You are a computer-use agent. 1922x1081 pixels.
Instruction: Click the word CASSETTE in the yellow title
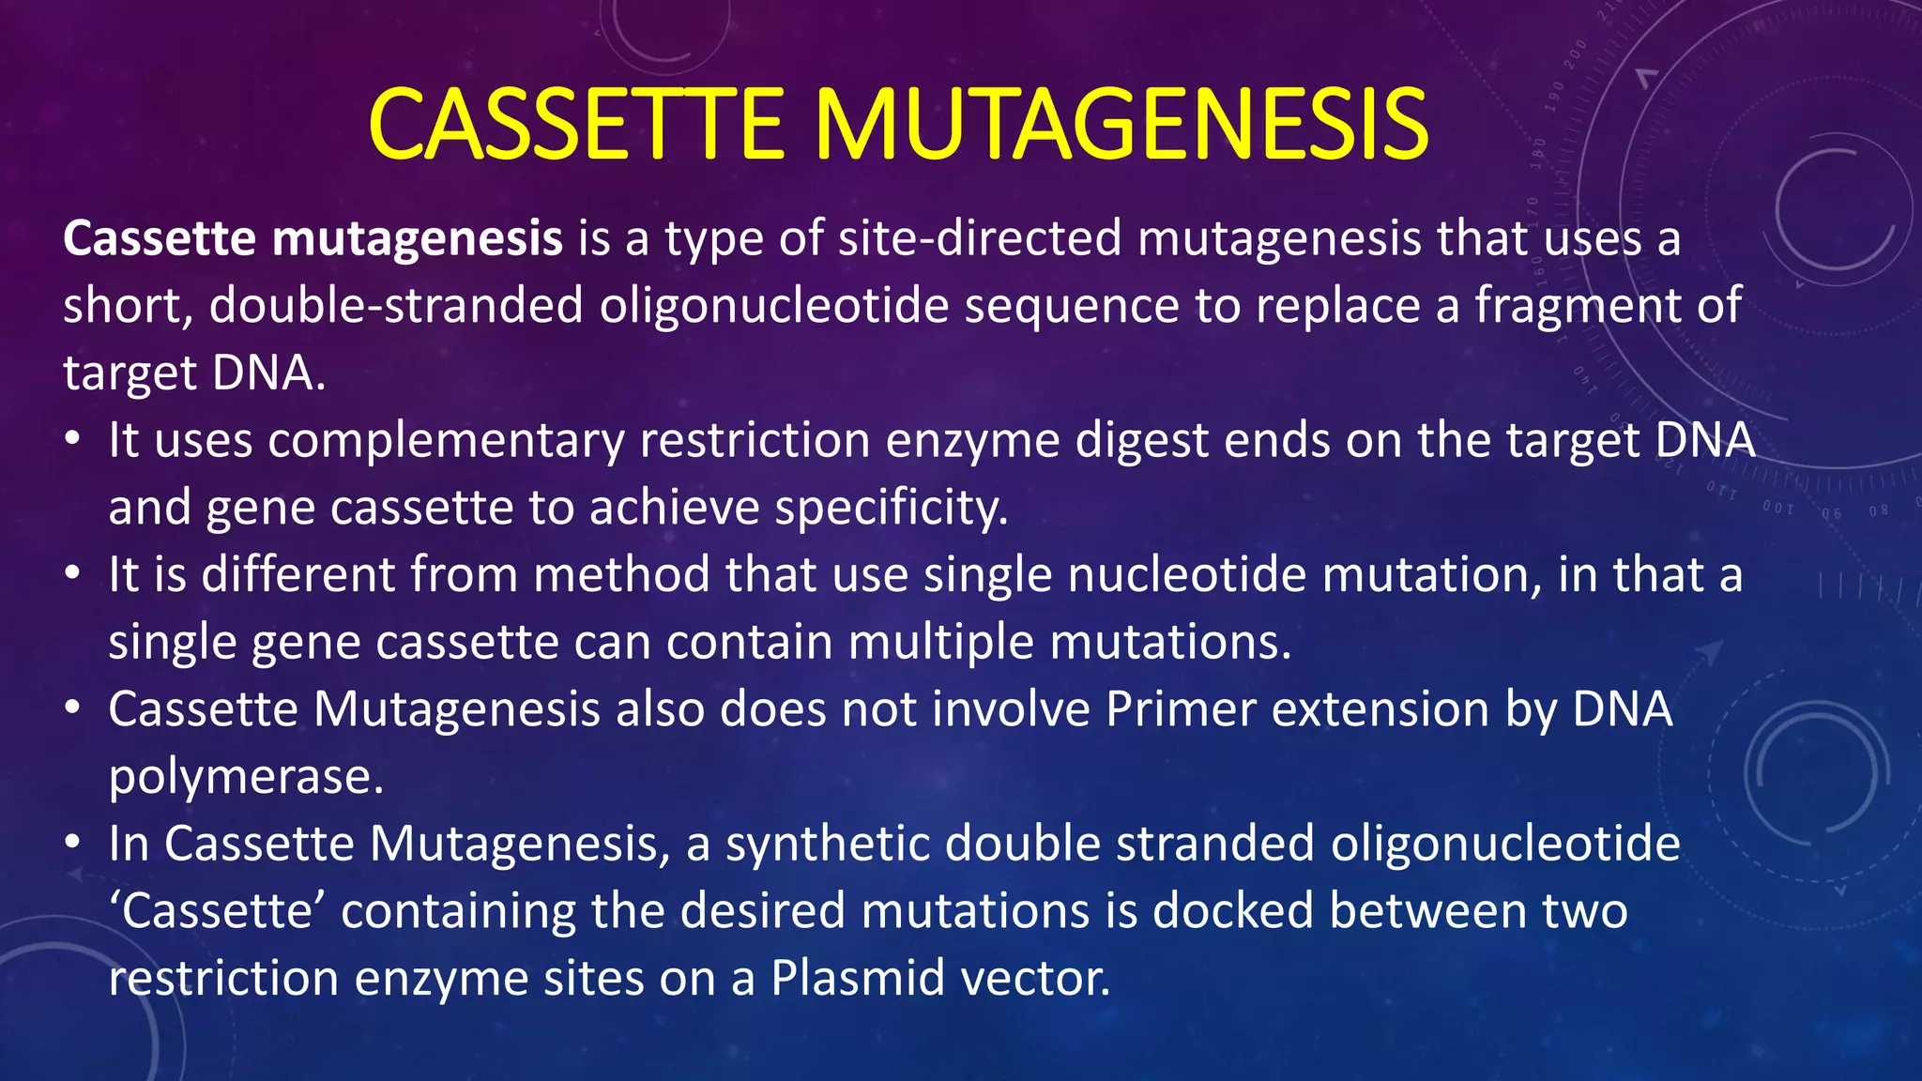point(575,125)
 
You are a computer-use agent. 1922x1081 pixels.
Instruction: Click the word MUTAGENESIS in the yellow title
point(1121,125)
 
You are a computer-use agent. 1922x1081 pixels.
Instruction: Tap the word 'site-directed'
point(980,238)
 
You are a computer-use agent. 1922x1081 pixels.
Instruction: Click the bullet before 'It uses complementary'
point(73,439)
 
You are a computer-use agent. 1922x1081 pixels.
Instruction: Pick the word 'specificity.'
point(892,509)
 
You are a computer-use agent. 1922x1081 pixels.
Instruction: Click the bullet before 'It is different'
point(73,573)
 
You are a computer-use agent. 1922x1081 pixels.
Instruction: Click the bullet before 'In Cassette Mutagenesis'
point(73,843)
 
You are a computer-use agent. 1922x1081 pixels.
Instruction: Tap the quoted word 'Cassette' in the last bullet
point(217,911)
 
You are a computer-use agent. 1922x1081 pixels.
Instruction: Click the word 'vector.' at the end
point(1037,979)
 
